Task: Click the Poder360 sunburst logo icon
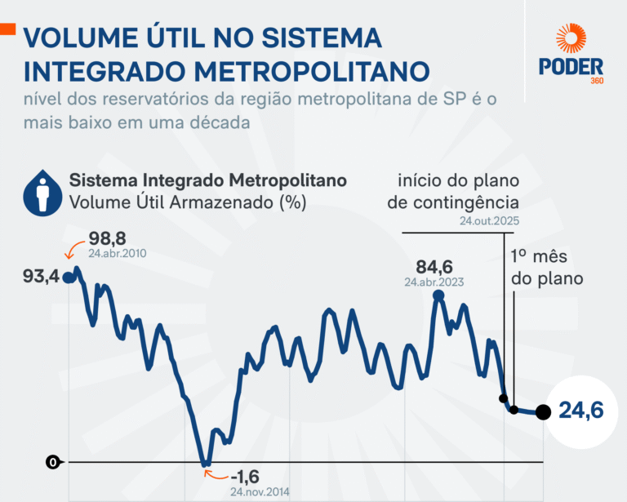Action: (x=571, y=40)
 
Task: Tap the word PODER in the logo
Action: (x=571, y=66)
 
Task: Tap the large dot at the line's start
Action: (x=69, y=278)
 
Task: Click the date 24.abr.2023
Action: (x=434, y=282)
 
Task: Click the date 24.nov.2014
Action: (x=260, y=492)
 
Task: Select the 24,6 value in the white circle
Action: (x=581, y=411)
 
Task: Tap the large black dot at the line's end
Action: (x=543, y=412)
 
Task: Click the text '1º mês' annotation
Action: (x=540, y=255)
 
